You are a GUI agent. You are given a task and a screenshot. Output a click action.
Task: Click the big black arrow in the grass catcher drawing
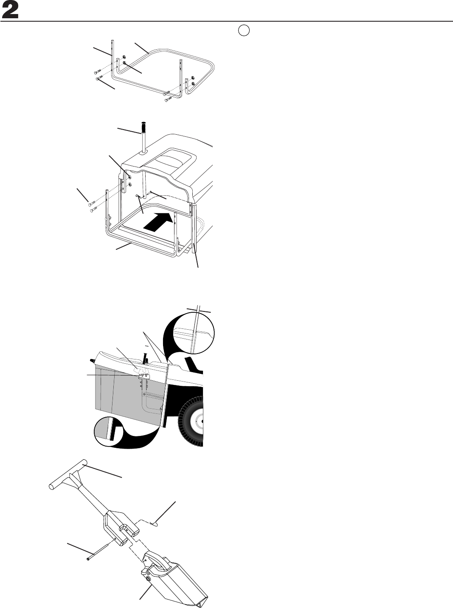click(x=160, y=221)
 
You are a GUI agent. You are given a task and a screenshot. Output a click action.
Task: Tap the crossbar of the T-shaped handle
click(x=68, y=476)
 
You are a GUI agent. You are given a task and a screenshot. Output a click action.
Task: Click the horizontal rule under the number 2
click(x=226, y=21)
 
